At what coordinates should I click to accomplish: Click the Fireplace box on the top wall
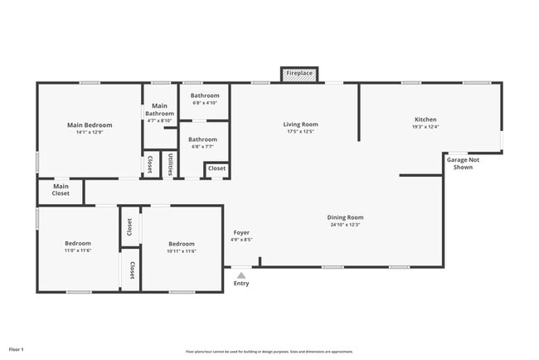[x=299, y=74]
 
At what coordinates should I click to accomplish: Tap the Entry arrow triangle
[x=240, y=275]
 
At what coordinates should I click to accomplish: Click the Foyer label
[x=241, y=232]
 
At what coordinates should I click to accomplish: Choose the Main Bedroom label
[x=90, y=124]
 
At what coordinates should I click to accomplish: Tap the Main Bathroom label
[x=159, y=109]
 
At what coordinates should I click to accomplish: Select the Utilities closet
[x=170, y=163]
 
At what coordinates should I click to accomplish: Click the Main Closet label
[x=61, y=190]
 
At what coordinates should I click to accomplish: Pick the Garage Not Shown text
[x=463, y=163]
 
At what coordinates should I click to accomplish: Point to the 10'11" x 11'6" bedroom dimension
[x=182, y=251]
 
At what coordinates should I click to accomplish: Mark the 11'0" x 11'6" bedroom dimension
[x=78, y=251]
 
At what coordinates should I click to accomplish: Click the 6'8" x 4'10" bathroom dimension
[x=204, y=103]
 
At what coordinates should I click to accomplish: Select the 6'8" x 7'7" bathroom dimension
[x=204, y=147]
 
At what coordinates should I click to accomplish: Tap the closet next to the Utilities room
[x=150, y=163]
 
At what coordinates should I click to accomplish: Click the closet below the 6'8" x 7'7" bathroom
[x=216, y=168]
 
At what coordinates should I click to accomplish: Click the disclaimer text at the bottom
[x=269, y=351]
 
